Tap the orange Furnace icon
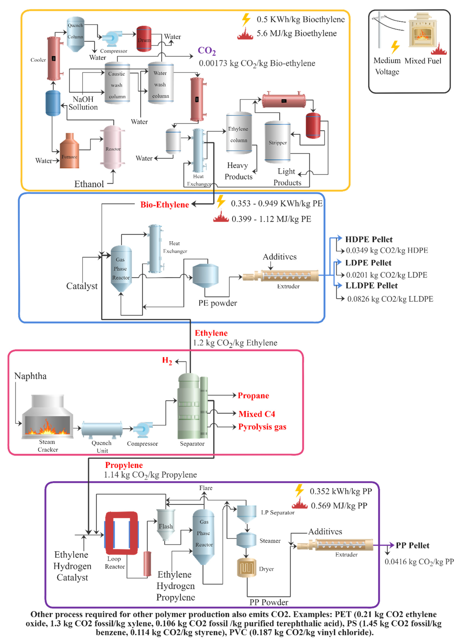pyautogui.click(x=70, y=152)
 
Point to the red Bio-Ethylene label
pyautogui.click(x=165, y=205)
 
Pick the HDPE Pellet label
pyautogui.click(x=369, y=239)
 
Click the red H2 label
pyautogui.click(x=167, y=361)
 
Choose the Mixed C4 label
pyautogui.click(x=257, y=414)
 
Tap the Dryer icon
pyautogui.click(x=246, y=568)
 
